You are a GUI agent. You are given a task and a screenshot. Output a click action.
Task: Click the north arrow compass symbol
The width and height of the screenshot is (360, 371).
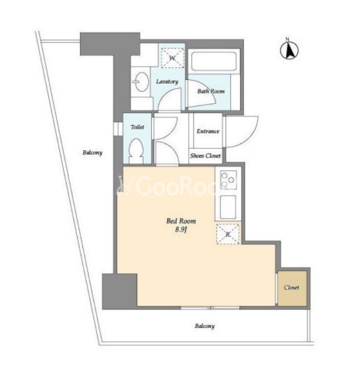(x=289, y=50)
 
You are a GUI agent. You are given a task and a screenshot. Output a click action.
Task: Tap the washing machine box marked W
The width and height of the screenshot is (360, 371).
(x=173, y=58)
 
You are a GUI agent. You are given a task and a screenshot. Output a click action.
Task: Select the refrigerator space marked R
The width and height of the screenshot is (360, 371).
(x=228, y=234)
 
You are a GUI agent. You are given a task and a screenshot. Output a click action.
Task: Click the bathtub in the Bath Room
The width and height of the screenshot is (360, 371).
(x=214, y=61)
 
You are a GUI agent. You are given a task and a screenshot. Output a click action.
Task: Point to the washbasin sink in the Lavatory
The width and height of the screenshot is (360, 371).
(x=141, y=81)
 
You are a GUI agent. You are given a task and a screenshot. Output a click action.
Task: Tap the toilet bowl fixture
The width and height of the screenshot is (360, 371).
(x=136, y=150)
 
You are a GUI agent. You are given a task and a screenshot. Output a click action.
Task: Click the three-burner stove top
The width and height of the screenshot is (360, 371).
(x=228, y=179)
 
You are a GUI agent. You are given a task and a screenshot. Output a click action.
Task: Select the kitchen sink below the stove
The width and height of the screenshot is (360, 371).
(x=227, y=207)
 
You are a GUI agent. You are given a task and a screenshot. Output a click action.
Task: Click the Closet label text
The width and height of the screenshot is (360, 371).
(x=291, y=287)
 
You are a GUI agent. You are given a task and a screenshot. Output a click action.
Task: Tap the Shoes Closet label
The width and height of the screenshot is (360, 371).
(x=205, y=156)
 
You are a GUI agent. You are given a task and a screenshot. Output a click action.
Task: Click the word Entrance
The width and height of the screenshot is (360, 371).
(x=208, y=131)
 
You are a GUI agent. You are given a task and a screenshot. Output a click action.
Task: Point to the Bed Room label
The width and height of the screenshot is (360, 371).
(x=181, y=221)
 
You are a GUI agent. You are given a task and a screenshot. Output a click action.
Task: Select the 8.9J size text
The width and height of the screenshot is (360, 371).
(x=181, y=230)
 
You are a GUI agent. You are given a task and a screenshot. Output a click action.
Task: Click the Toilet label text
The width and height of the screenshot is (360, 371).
(x=137, y=127)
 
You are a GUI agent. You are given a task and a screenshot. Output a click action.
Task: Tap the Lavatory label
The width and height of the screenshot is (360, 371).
(x=167, y=81)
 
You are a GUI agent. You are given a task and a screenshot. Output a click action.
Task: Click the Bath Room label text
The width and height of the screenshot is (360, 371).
(x=211, y=91)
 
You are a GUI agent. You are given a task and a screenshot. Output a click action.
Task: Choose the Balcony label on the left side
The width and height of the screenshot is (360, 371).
(x=93, y=153)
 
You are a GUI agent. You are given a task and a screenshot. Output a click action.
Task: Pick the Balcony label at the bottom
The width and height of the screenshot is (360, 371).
(x=204, y=326)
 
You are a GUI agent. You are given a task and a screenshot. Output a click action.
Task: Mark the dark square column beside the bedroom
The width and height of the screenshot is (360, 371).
(x=119, y=291)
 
